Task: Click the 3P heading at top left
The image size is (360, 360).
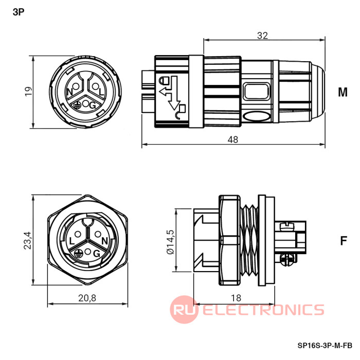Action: click(x=19, y=12)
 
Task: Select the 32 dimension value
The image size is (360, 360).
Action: click(x=262, y=35)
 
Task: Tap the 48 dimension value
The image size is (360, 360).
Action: click(x=233, y=139)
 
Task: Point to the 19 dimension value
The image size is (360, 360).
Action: click(x=28, y=92)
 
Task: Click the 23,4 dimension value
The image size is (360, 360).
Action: click(x=28, y=240)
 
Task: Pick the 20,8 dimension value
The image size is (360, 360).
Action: click(x=87, y=298)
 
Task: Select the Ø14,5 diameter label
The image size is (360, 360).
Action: click(x=171, y=242)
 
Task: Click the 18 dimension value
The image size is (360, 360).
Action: click(x=236, y=298)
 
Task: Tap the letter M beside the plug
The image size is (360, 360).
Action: click(x=343, y=92)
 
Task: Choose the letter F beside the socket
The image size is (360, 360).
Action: click(x=344, y=241)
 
